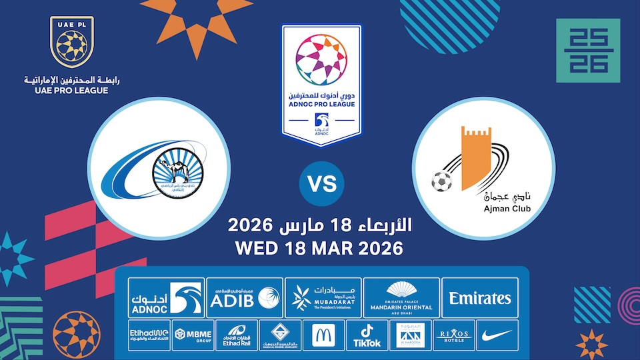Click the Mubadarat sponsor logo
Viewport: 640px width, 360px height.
[323, 298]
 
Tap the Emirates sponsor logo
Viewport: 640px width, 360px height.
[480, 298]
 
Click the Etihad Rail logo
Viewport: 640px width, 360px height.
[235, 335]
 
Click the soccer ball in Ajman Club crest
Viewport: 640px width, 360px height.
[441, 181]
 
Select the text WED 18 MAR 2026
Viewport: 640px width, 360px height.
[319, 248]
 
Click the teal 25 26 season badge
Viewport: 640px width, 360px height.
[588, 50]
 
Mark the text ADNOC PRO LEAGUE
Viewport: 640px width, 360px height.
[321, 105]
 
